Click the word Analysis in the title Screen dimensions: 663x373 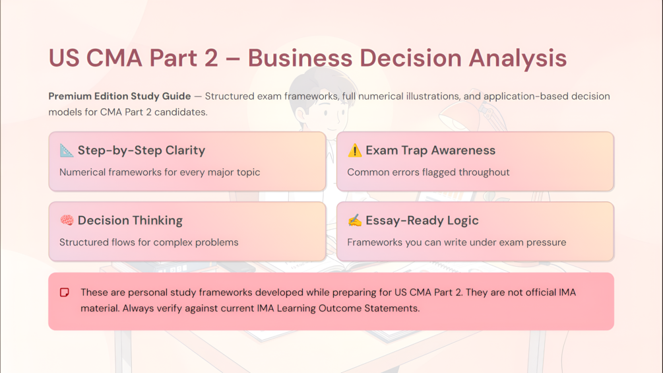click(x=518, y=58)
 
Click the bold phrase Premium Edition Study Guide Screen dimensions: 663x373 click(x=119, y=96)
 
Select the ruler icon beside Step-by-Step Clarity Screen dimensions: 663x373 click(x=67, y=150)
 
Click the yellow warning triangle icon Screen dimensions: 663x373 click(x=354, y=150)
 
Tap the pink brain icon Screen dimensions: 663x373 click(x=67, y=220)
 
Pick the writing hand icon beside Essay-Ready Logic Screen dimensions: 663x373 click(x=354, y=220)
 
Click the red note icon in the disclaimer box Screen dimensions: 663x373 click(x=64, y=292)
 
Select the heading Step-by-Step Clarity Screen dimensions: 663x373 click(x=141, y=150)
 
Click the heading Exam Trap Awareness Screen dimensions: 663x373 click(x=430, y=150)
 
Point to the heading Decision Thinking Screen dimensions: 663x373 click(x=130, y=220)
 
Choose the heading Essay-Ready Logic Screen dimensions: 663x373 click(x=422, y=220)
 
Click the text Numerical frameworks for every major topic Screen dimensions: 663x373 click(x=160, y=172)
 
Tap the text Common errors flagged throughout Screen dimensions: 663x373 click(x=428, y=172)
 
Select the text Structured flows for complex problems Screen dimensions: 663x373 click(x=149, y=242)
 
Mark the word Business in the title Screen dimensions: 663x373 click(x=300, y=58)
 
